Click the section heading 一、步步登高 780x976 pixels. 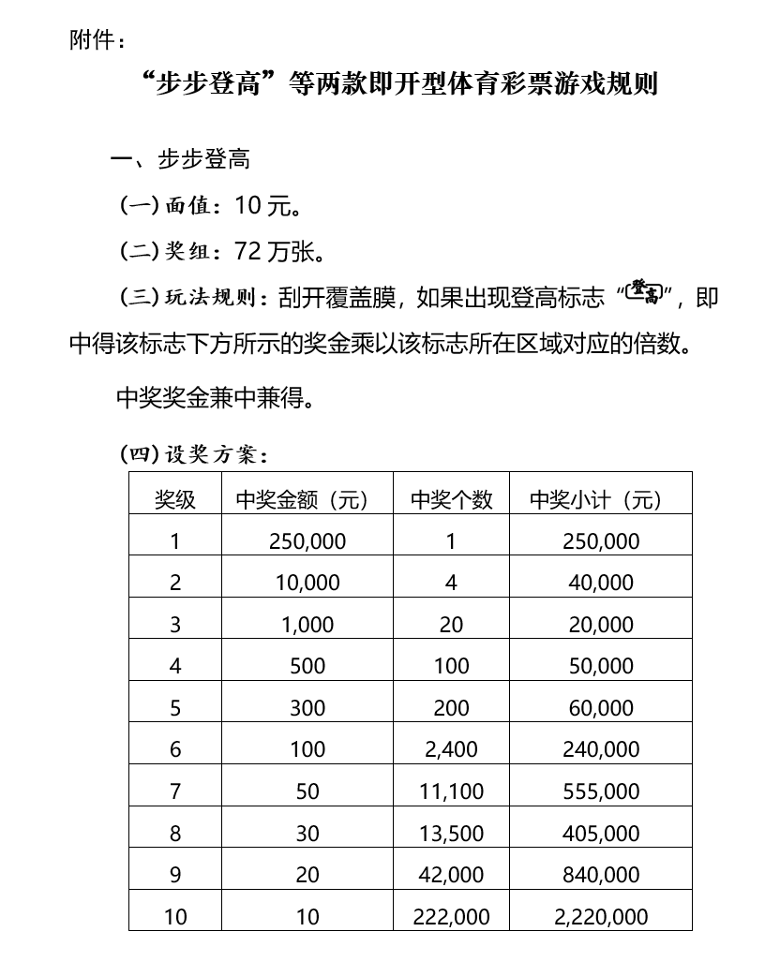180,159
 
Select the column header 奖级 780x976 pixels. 175,500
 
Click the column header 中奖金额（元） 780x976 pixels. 302,500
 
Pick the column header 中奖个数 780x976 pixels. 451,500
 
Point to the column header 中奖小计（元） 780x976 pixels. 601,500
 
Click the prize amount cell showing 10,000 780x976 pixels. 307,583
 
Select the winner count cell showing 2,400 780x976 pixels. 451,749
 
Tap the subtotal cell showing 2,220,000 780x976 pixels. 601,917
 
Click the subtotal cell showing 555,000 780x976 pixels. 601,791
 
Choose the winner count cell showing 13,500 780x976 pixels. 451,834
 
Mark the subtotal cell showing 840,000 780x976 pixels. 601,875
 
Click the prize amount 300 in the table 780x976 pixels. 307,708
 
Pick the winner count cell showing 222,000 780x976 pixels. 451,917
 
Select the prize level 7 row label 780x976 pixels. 175,791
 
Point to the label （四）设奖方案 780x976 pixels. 195,455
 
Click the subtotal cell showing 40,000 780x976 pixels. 601,583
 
